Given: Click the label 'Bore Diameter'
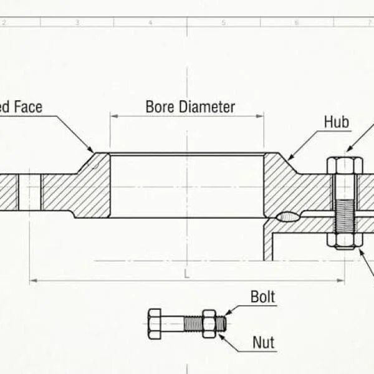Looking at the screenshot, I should [190, 107].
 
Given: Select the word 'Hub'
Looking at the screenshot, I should [336, 122].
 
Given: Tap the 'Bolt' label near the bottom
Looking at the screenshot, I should [262, 297].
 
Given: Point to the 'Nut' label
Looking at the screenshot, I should [263, 342].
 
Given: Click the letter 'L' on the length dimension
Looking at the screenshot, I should [186, 273].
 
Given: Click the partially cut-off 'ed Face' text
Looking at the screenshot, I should [21, 107].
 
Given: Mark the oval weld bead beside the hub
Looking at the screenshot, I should [287, 216].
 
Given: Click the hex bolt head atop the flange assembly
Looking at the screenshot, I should [345, 166].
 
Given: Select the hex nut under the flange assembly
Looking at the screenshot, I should [345, 241].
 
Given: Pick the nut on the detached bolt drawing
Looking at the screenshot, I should [209, 324].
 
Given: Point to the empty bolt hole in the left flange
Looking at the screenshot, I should [29, 192].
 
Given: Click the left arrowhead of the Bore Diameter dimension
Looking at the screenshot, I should [113, 115].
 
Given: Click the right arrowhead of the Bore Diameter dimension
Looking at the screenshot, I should [261, 115].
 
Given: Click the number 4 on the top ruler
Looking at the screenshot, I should [150, 22].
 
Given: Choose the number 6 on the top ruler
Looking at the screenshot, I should [297, 22].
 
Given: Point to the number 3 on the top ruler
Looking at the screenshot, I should [77, 22].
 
